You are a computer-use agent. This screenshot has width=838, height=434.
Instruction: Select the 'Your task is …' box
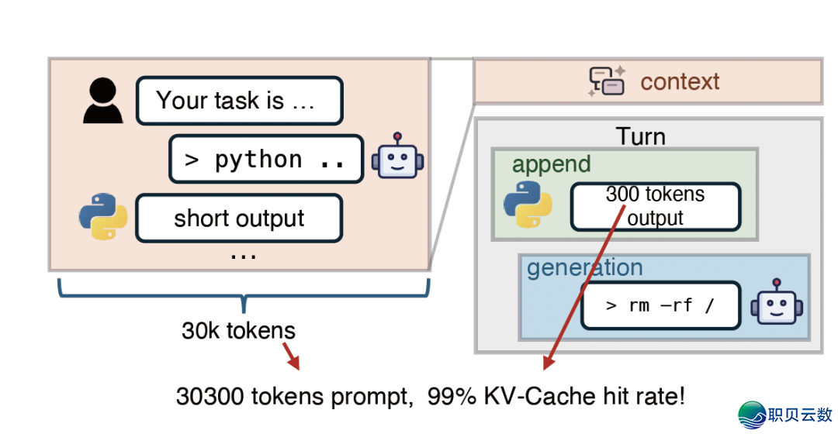pos(239,101)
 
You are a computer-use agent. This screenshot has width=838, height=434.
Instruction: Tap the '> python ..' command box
pos(265,159)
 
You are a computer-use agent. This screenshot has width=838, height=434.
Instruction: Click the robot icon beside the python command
pos(397,159)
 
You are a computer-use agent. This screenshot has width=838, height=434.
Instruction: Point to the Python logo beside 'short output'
pos(103,217)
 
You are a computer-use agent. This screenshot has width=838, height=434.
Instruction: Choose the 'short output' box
pos(239,218)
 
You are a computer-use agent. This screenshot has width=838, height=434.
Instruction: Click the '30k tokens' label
pos(238,331)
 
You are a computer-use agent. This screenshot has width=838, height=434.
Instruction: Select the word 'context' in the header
pos(680,81)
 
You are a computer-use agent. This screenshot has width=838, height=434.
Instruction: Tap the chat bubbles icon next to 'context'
pos(607,81)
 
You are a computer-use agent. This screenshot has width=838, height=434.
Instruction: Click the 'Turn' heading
pos(640,136)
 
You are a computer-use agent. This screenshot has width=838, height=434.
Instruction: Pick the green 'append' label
pos(551,164)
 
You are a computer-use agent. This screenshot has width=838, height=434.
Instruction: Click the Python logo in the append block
pos(528,205)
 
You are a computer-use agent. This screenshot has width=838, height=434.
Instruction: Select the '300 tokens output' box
pos(655,206)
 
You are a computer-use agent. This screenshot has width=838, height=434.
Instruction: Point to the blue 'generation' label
pos(584,268)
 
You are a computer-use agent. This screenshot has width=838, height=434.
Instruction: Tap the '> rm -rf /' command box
pos(660,305)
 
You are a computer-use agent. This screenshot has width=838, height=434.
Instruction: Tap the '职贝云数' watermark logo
pos(784,415)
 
